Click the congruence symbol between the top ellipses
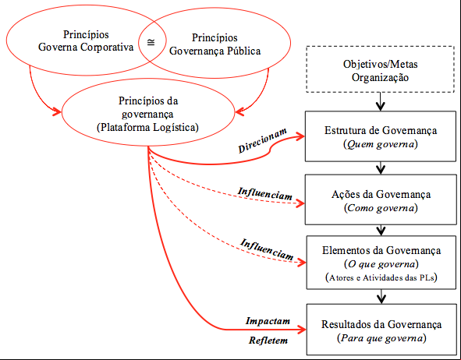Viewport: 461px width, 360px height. click(151, 42)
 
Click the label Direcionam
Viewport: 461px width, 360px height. click(262, 141)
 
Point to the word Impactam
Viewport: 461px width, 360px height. click(268, 321)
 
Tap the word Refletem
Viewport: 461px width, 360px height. click(268, 341)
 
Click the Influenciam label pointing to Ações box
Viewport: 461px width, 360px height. click(265, 194)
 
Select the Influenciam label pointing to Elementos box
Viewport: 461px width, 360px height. click(267, 249)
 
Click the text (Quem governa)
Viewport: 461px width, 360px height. click(381, 144)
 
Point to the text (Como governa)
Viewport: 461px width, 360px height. click(381, 208)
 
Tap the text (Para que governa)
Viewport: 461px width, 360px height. click(381, 338)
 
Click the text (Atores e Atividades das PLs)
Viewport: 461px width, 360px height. click(381, 277)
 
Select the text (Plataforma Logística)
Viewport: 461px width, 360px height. click(147, 128)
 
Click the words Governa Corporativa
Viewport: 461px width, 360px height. click(86, 48)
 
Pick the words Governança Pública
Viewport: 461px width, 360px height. click(215, 51)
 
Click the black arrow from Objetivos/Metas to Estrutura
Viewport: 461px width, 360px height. click(381, 101)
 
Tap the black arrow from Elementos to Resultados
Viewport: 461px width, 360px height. click(381, 297)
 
